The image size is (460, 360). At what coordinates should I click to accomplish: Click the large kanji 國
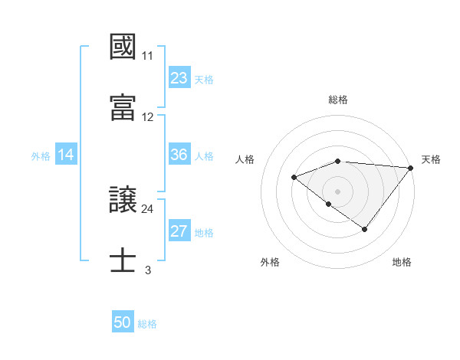123,47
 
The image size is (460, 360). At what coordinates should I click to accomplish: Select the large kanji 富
123,106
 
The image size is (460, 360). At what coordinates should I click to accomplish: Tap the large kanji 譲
123,200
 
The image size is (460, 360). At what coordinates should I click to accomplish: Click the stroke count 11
147,56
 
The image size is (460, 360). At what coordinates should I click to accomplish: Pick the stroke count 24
147,208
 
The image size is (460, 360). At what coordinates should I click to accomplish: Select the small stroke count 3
147,270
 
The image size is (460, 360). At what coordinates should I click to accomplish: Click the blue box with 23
179,78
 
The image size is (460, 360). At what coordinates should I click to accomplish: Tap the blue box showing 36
179,155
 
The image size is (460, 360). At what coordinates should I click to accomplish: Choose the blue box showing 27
179,231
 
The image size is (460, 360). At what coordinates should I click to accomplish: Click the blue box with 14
66,155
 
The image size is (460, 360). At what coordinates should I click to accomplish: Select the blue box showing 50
123,322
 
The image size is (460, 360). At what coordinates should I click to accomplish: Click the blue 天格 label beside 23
204,79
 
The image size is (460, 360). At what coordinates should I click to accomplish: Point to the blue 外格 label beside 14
41,155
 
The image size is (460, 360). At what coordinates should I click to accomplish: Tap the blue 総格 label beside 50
147,323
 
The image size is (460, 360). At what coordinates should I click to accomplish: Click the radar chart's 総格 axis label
338,100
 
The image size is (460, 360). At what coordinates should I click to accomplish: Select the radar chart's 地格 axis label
402,262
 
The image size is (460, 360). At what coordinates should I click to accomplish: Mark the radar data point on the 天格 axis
411,168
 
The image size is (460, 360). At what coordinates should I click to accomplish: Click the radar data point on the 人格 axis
294,177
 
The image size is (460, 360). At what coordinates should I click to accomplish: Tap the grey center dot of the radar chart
338,191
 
